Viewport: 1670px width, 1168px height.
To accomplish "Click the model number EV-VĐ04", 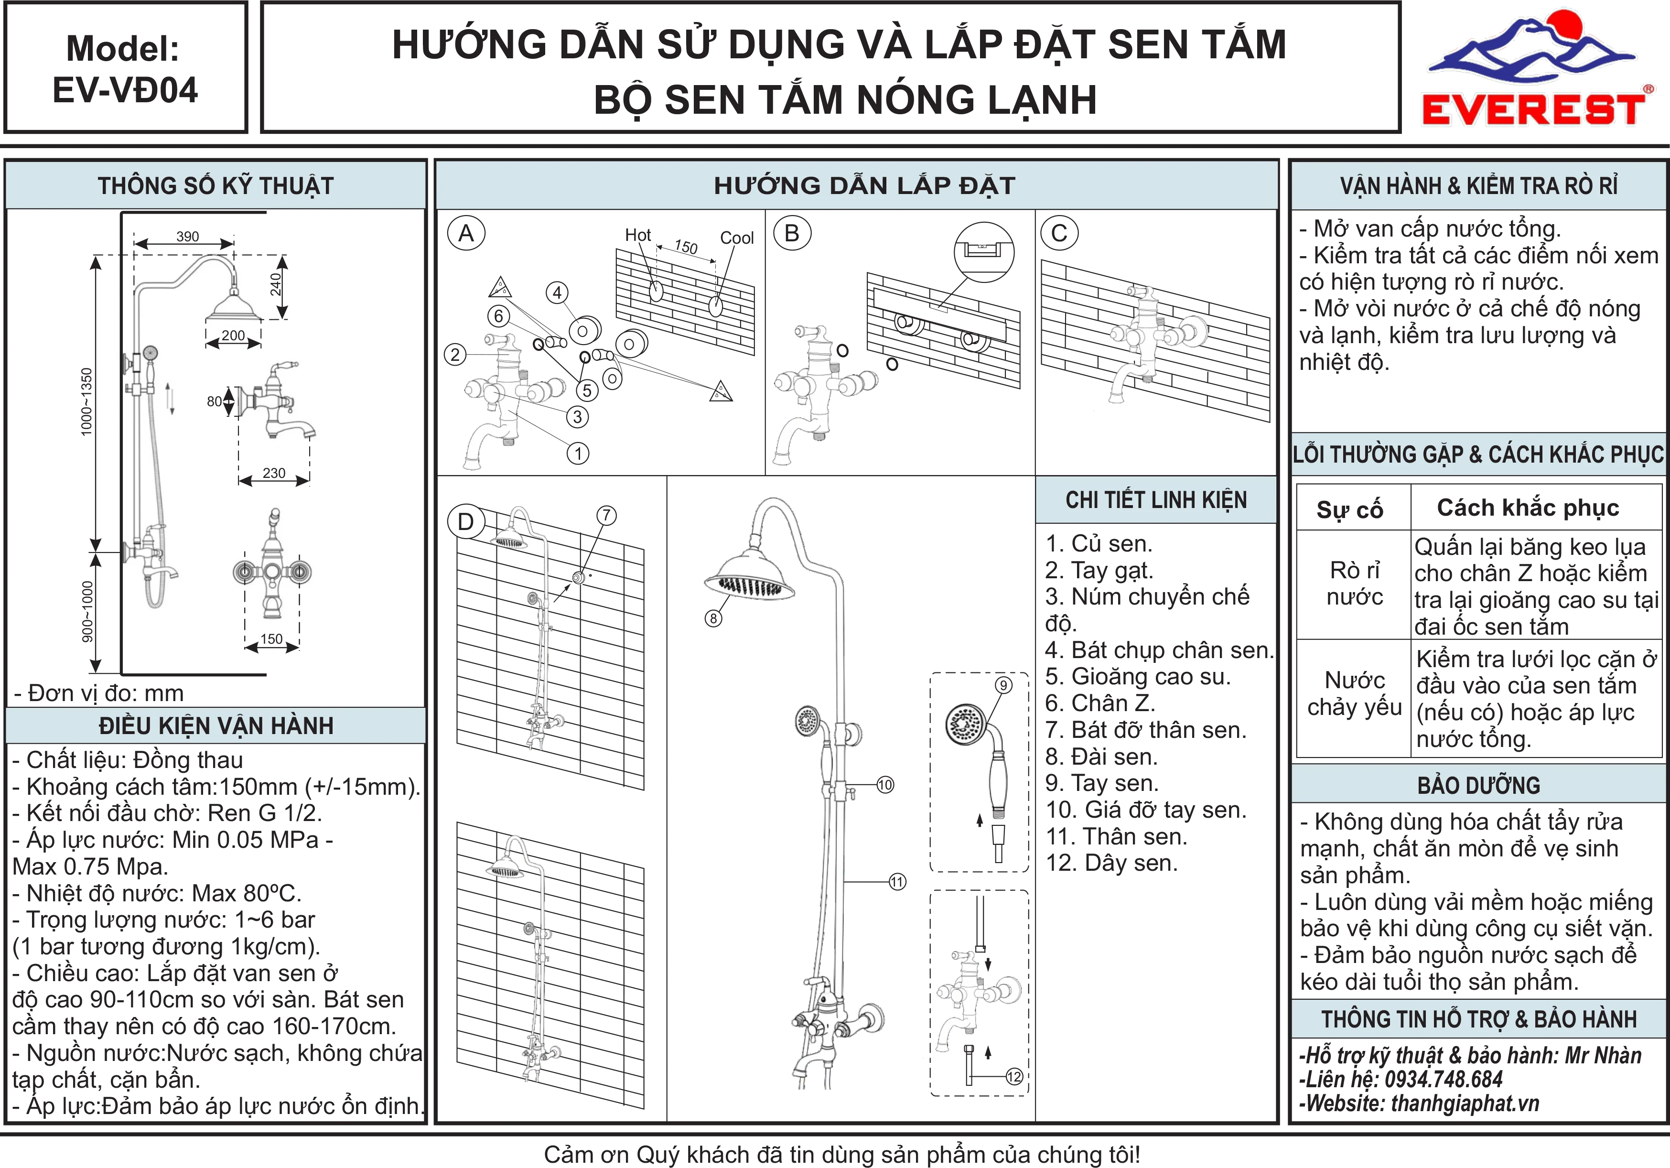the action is [x=125, y=90].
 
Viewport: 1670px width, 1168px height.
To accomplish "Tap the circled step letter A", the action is [x=466, y=233].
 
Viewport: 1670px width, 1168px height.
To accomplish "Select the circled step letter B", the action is [x=792, y=233].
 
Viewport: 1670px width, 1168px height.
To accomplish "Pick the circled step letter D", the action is [x=465, y=521].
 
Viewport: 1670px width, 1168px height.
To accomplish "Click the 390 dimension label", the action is [x=188, y=237].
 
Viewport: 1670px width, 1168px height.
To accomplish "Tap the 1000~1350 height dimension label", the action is [x=86, y=401].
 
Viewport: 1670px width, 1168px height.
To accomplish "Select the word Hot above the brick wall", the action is [x=638, y=235].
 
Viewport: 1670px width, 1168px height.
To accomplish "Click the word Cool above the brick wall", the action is [x=737, y=238].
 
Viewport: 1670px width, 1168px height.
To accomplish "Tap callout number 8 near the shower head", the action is [x=713, y=618].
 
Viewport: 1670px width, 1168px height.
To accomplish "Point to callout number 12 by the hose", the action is [x=1014, y=1076].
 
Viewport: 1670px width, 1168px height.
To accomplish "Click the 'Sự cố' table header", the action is [x=1350, y=509].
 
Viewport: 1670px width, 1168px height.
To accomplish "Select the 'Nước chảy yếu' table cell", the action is [x=1354, y=693].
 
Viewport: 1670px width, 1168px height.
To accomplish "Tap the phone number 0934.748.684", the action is [x=1444, y=1079].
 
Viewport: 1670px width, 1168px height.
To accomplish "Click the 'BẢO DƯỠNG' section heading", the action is [x=1479, y=786].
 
